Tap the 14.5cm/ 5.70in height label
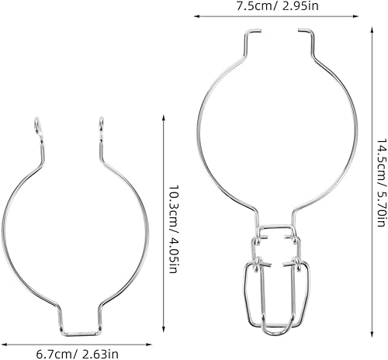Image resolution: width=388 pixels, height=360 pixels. click(x=380, y=183)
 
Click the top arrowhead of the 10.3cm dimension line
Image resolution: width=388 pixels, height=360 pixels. click(x=163, y=117)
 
